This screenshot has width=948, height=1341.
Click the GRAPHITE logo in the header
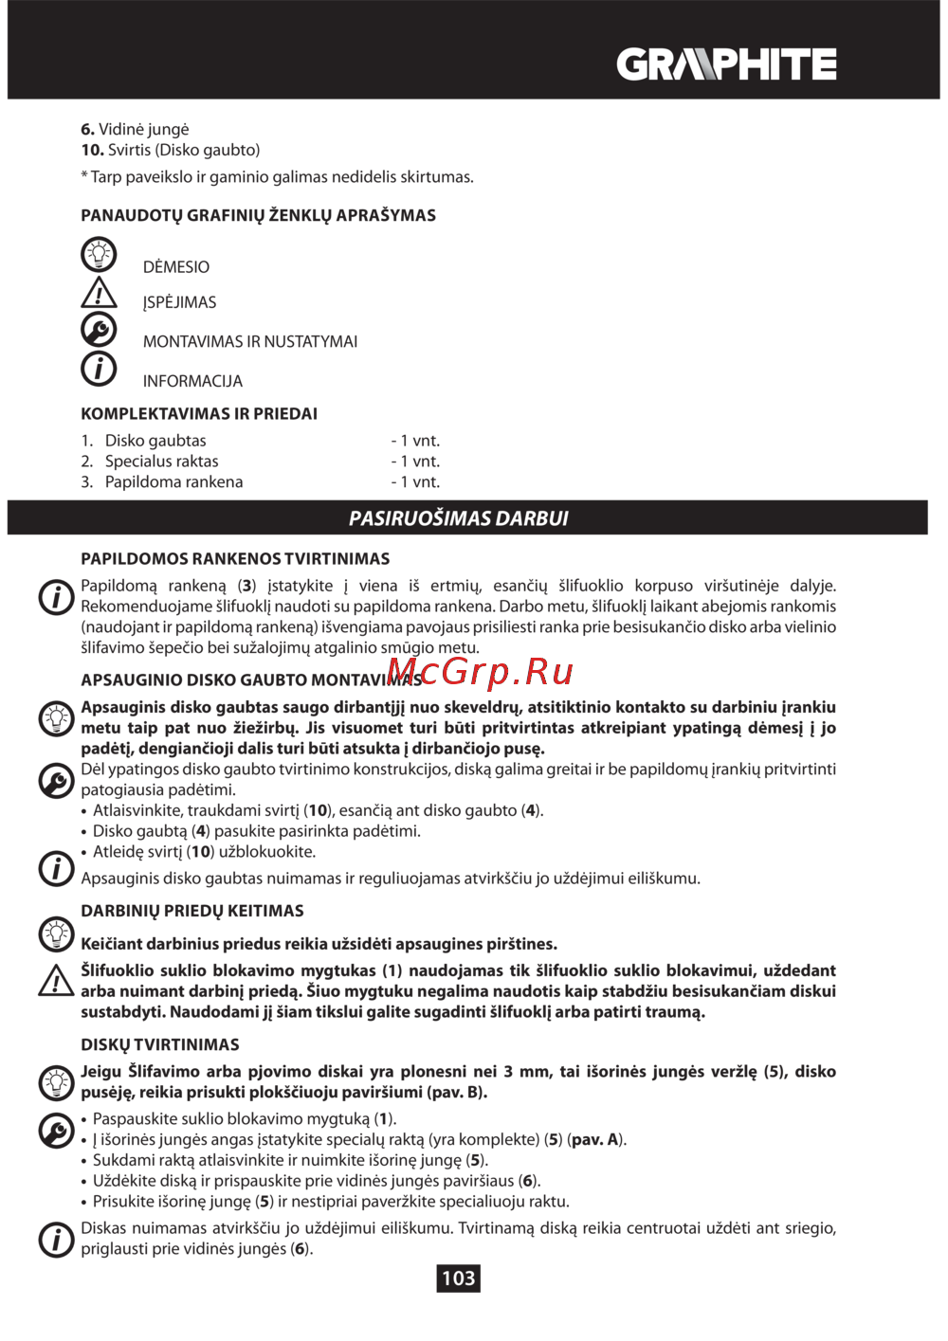726,64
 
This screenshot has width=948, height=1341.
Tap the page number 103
458,1278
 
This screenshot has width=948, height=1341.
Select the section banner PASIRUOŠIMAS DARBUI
459,518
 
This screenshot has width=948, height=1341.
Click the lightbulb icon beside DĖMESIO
99,255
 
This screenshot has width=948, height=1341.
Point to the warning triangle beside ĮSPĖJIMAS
99,294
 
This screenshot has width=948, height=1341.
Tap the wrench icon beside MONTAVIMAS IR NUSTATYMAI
99,330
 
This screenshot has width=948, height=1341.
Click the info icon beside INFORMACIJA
99,369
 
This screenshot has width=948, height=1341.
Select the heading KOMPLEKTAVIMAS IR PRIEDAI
199,413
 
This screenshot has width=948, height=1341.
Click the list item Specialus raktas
161,462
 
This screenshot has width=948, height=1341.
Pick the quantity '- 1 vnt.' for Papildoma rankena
415,482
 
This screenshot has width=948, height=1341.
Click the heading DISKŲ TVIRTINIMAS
160,1044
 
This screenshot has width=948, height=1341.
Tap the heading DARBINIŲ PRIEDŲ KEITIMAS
192,911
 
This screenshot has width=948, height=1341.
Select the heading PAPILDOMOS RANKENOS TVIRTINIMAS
235,559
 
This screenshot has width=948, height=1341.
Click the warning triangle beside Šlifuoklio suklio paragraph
56,982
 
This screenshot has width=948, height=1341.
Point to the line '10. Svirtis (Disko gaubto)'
171,150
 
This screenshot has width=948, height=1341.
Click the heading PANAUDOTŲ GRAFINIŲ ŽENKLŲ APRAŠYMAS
258,215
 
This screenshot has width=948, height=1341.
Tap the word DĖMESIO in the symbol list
176,267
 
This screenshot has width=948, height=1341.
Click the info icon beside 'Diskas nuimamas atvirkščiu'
56,1239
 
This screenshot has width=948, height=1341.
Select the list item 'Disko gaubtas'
155,441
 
